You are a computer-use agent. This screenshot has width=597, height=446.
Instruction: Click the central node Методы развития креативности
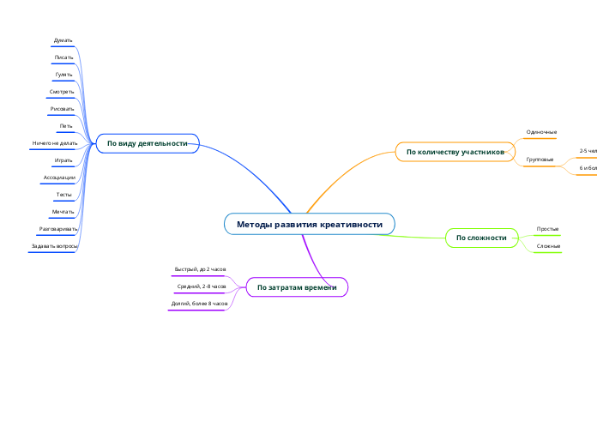(310, 225)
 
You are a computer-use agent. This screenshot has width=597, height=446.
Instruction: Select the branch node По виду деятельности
(148, 143)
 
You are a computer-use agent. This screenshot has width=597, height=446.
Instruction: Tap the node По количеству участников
(455, 152)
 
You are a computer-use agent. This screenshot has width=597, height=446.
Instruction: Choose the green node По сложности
(481, 238)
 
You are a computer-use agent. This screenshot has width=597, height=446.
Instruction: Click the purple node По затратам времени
(297, 287)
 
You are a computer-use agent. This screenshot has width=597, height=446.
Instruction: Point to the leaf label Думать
(63, 40)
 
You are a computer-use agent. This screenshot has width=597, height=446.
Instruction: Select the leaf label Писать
(63, 57)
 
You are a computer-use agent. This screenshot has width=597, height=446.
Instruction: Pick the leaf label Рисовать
(62, 109)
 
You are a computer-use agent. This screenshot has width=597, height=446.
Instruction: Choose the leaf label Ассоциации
(59, 178)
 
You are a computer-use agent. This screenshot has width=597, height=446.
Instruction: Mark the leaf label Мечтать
(63, 211)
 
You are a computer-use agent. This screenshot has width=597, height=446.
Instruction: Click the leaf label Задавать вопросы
(54, 246)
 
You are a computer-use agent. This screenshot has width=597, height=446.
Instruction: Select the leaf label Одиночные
(541, 132)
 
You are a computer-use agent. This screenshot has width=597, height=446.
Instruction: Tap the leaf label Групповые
(540, 160)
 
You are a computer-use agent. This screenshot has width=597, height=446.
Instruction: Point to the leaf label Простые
(547, 229)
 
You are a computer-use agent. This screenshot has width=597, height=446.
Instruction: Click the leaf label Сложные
(548, 247)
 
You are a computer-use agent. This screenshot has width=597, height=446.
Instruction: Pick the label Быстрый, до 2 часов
(200, 269)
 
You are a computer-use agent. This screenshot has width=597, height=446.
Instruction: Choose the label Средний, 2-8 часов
(202, 286)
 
